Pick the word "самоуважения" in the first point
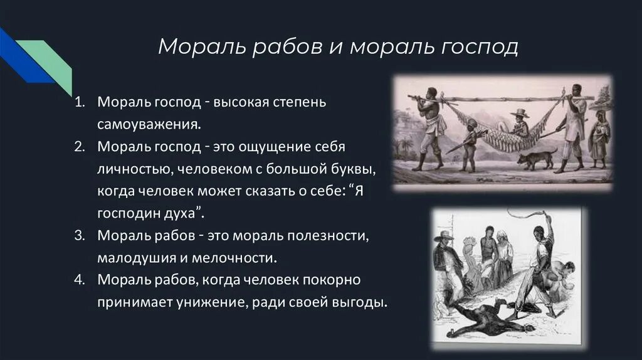149,124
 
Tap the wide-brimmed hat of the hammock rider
519,114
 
